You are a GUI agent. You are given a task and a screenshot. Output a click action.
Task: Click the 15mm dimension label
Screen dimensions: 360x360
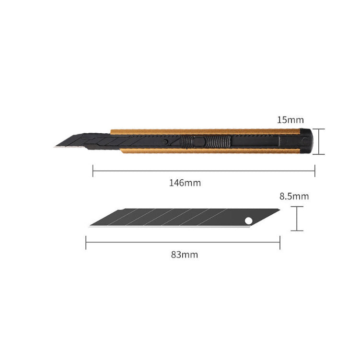point(290,120)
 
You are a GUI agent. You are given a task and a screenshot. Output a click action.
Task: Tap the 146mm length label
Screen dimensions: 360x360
point(185,183)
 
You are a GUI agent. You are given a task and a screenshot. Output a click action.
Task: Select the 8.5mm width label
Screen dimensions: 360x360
point(294,197)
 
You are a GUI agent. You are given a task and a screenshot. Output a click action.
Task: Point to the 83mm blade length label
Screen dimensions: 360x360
point(185,255)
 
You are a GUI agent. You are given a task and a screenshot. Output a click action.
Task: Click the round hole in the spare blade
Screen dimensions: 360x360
point(248,221)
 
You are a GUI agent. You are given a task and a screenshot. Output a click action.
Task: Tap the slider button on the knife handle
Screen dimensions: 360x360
point(199,141)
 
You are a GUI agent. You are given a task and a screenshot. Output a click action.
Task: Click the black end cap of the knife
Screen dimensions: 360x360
point(306,141)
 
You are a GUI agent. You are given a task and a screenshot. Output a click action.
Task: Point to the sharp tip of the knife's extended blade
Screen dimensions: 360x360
point(55,147)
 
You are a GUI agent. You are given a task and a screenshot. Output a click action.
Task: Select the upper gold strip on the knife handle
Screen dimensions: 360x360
point(205,131)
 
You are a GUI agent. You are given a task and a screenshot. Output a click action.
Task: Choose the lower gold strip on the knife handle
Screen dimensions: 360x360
point(210,151)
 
